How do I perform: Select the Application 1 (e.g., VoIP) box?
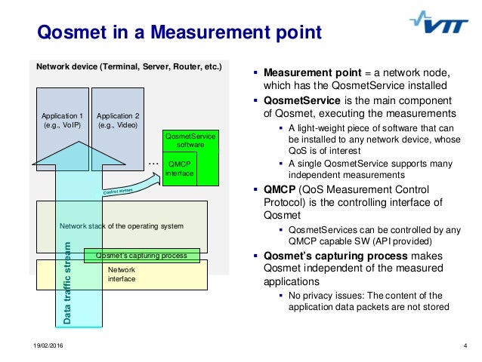pos(62,121)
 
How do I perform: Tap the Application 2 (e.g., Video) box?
pos(118,121)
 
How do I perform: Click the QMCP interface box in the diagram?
pos(180,168)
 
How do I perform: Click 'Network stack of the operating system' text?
pos(121,225)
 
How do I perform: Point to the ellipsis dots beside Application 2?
pos(153,162)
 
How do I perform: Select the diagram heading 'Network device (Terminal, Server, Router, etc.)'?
pos(129,66)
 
